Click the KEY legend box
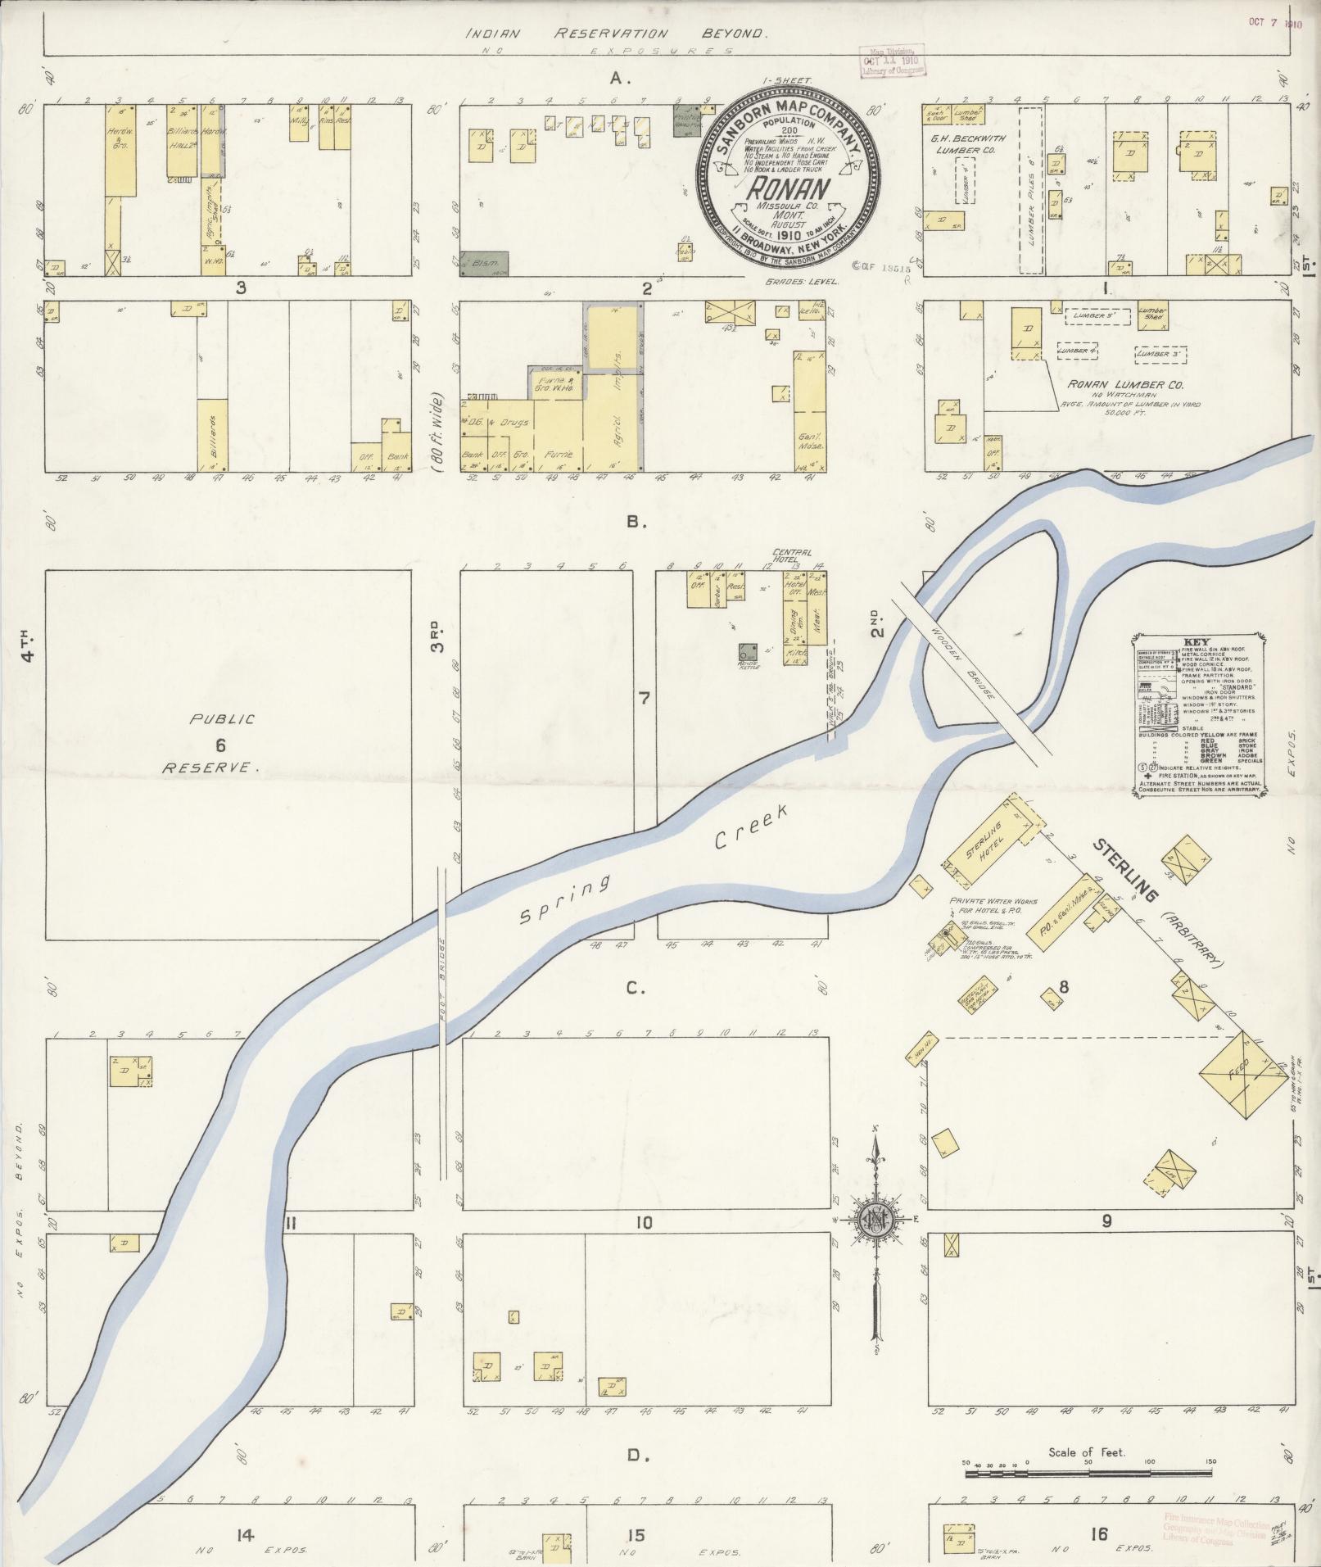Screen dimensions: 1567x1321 [1200, 714]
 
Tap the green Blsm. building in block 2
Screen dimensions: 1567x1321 [484, 263]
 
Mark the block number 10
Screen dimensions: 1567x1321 [642, 1224]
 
